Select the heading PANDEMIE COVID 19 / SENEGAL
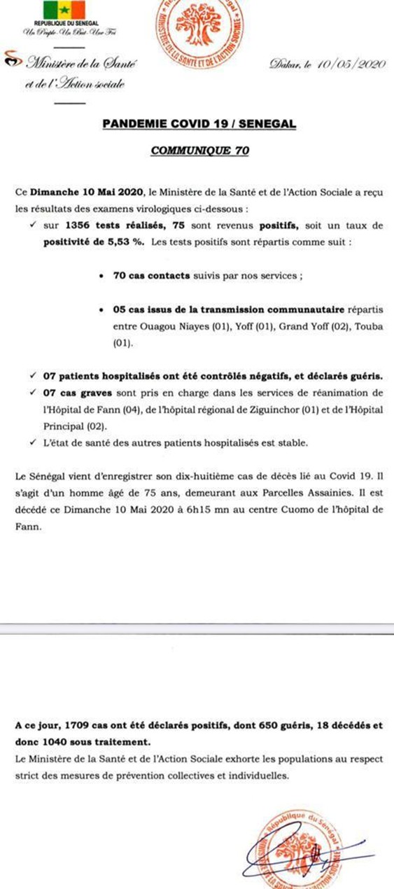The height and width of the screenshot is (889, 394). [199, 123]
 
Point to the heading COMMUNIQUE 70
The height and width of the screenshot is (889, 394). [199, 150]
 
